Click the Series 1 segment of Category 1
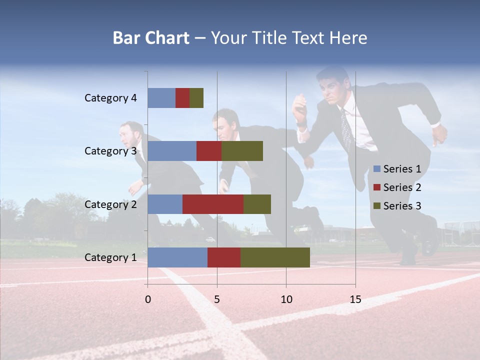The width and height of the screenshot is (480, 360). coord(177,257)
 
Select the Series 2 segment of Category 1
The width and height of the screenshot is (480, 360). coord(224,257)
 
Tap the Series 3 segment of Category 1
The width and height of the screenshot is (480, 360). coord(275,257)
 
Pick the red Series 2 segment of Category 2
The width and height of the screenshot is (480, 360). coord(213,204)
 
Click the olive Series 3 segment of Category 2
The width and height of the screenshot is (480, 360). coord(257,204)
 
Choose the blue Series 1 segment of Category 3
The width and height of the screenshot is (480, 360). coord(172,151)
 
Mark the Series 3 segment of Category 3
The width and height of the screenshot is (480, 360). coord(242,151)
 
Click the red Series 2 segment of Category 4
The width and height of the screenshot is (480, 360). coord(182,98)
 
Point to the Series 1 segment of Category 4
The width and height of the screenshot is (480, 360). coord(161,98)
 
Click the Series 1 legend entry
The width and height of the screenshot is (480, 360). coord(397,169)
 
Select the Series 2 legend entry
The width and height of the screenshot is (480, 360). coord(397,187)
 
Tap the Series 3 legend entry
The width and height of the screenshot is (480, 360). coord(397,206)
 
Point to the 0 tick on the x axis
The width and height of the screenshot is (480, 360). coord(147,299)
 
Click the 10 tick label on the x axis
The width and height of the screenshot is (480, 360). coord(286,299)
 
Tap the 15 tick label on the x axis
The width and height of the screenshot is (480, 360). coord(355,299)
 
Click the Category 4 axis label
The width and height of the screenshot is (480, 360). coord(110,98)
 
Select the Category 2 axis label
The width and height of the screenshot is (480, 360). coord(110,204)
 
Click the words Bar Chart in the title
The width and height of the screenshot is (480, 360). coord(151,38)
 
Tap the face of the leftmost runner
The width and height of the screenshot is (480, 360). coord(127,134)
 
